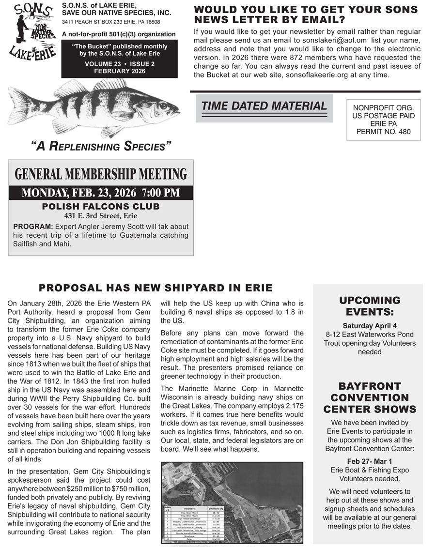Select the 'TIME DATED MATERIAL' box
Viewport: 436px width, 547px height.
[x=264, y=106]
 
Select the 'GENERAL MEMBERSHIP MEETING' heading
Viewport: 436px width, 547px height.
[x=101, y=174]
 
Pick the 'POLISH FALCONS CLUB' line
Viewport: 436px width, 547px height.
[x=101, y=207]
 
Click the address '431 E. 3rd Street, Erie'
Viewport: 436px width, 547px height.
[x=101, y=216]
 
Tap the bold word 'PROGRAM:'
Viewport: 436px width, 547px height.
[x=33, y=227]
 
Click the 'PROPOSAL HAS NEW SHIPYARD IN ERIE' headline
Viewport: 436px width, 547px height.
[x=156, y=288]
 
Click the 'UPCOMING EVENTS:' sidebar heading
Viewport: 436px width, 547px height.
[x=370, y=305]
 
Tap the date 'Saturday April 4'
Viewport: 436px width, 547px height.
[x=370, y=326]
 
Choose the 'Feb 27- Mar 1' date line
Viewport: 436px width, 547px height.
[x=370, y=461]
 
